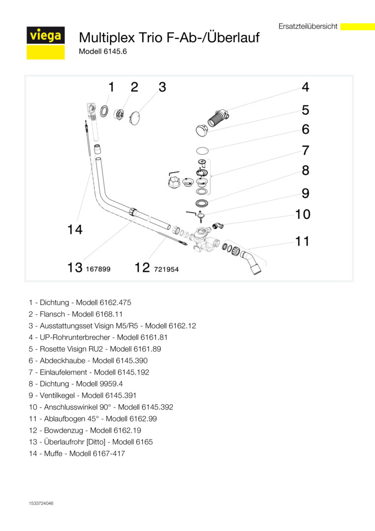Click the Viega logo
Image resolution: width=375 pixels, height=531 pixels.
pos(45,36)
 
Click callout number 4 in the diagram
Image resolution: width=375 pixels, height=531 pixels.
pos(306,88)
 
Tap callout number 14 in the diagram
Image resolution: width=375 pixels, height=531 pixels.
pos(75,229)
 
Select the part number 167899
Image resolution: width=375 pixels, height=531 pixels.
pos(98,269)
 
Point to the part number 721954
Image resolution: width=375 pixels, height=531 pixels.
pos(166,269)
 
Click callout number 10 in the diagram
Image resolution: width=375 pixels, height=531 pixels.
pos(303,214)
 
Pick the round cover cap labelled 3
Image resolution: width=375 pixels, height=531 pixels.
pos(135,117)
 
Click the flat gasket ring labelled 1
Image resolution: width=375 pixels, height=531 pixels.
pos(104,111)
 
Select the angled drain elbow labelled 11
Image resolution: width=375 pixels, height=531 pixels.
pos(252,262)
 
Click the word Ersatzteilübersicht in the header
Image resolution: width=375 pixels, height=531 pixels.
pos(308,27)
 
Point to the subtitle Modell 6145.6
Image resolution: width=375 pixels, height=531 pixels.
pos(103,51)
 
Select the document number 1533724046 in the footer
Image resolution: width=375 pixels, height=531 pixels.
pos(41,503)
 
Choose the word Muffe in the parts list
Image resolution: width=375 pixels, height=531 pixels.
pos(53,453)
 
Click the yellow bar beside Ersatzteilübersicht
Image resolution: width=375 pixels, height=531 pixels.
pos(357,27)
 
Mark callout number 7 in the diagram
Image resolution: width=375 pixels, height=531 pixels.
pos(305,150)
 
